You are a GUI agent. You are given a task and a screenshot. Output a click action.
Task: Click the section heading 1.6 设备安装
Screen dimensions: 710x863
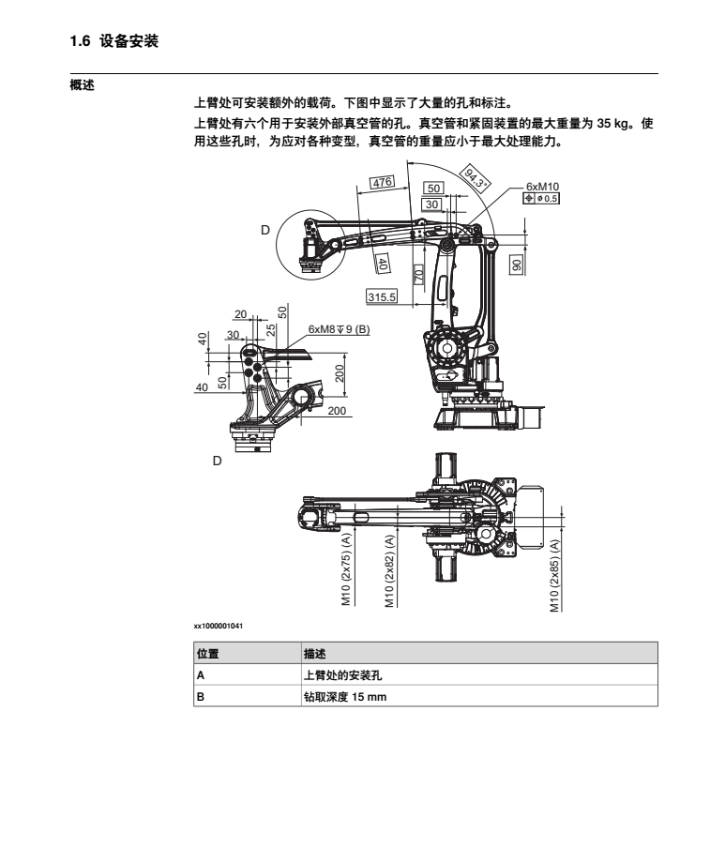[113, 41]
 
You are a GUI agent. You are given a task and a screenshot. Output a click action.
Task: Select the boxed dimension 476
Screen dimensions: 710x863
[382, 182]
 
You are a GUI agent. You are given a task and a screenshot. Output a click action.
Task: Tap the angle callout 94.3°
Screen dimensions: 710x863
[475, 177]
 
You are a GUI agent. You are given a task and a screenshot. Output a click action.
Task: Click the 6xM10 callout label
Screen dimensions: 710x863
[542, 187]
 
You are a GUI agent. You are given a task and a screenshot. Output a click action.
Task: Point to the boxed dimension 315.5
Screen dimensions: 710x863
[382, 296]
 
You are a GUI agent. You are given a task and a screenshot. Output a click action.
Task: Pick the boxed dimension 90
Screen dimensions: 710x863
[516, 265]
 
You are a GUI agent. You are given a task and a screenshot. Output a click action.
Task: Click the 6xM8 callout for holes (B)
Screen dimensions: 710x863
[339, 329]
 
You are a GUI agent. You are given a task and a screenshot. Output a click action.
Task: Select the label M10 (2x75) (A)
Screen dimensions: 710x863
[346, 568]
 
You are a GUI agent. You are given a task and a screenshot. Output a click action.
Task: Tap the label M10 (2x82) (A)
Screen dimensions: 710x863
[389, 570]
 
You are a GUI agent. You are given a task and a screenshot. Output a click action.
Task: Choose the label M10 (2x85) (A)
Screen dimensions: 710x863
[554, 575]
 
